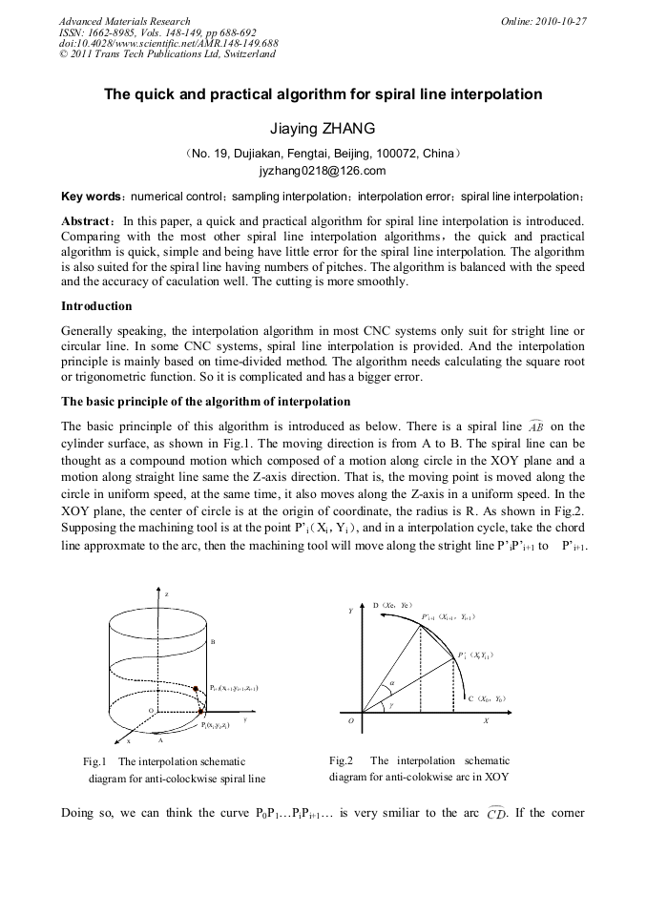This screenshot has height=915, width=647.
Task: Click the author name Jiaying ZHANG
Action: [x=323, y=128]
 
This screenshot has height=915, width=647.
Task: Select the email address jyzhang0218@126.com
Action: [x=323, y=172]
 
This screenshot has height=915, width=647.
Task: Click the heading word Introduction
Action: [x=96, y=306]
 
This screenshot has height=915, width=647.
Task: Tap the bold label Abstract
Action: [x=87, y=220]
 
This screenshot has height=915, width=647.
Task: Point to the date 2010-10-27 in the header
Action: [x=557, y=21]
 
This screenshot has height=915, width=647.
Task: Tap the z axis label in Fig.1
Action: [x=166, y=593]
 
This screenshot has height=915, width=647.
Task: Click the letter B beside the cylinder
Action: [x=212, y=642]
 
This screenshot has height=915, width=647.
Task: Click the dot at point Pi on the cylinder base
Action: [x=200, y=713]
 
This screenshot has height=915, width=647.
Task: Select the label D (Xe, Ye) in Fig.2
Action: [x=391, y=604]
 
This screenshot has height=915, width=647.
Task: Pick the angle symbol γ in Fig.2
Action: [x=390, y=705]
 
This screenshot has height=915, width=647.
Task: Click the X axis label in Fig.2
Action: [x=486, y=721]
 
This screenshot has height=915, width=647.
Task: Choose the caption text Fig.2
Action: [x=341, y=761]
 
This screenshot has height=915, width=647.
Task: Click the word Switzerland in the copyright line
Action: [x=249, y=53]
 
